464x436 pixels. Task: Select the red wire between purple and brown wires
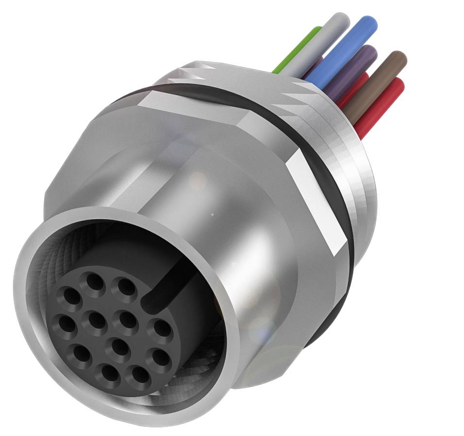354,87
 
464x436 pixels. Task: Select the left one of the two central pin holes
98,320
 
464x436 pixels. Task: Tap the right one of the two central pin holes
127,319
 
